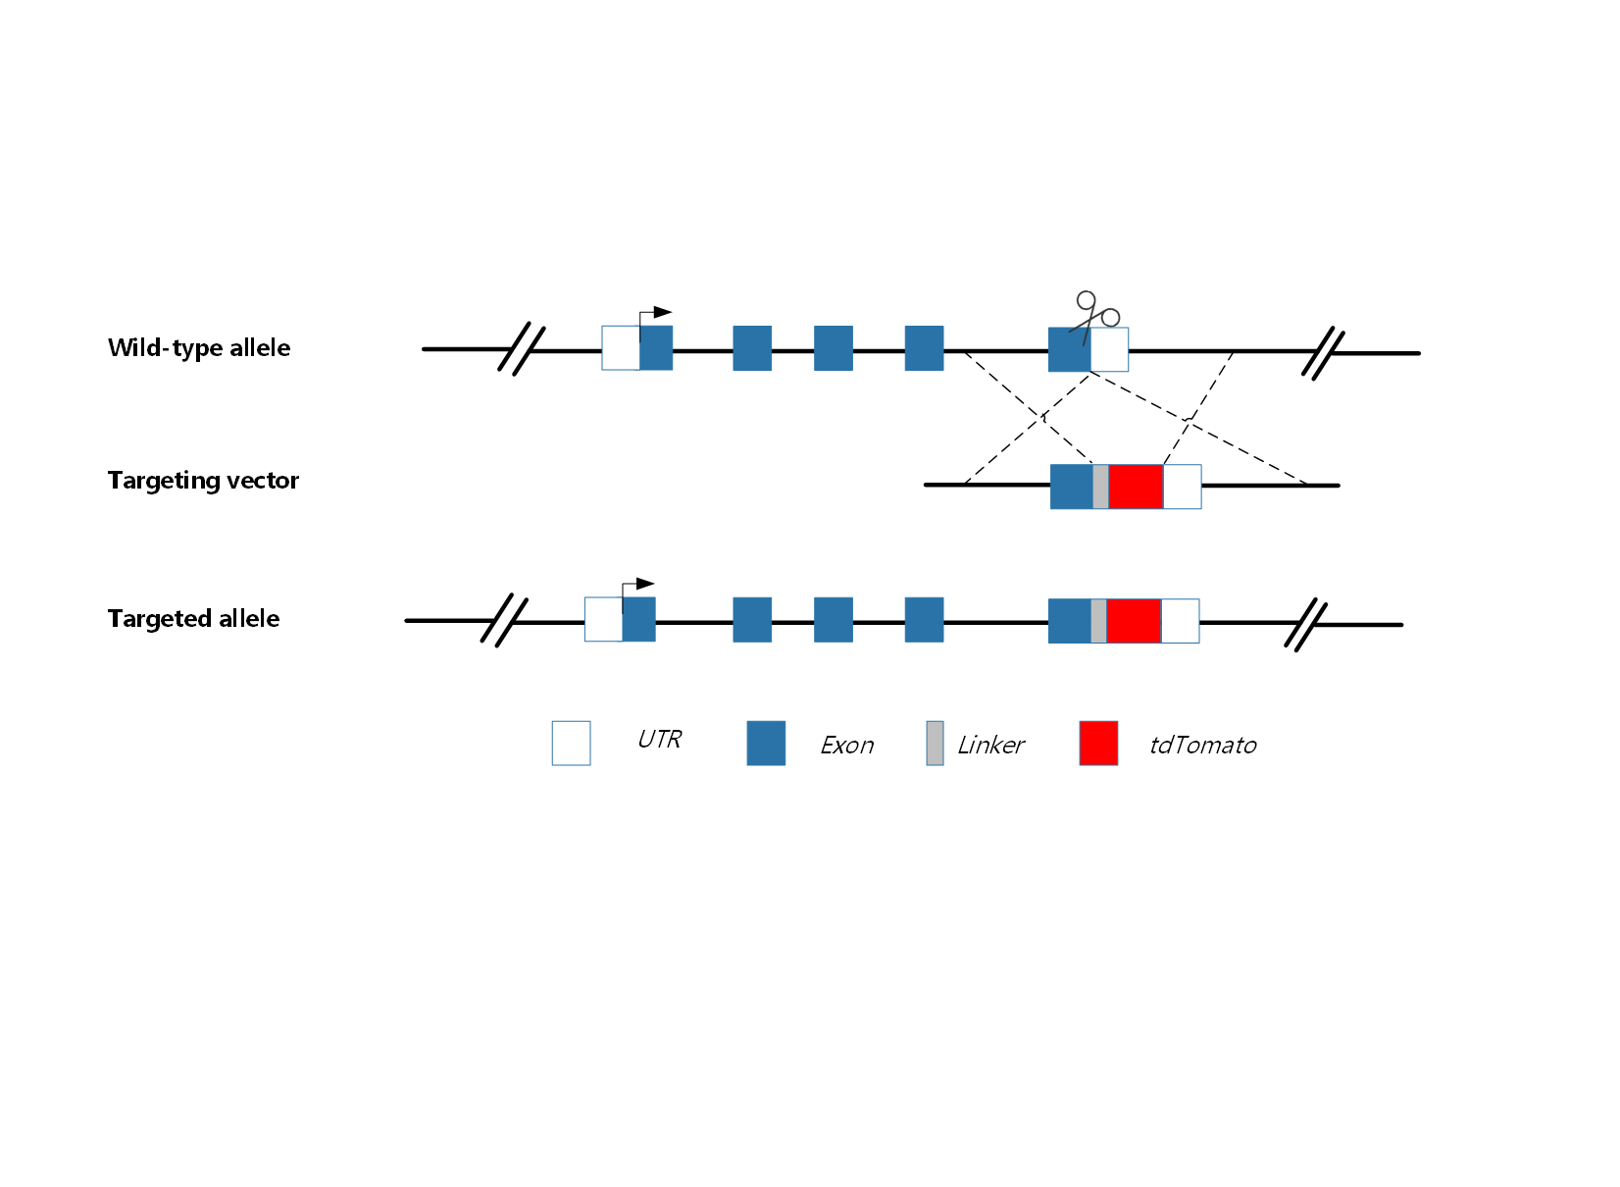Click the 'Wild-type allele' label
click(199, 348)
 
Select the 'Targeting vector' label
click(203, 481)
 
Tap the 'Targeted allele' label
click(193, 619)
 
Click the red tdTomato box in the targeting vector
click(1136, 487)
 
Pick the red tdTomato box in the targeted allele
click(1134, 621)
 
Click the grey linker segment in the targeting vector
click(1100, 487)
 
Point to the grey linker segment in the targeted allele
click(1098, 621)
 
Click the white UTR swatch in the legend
click(571, 744)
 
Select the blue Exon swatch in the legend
click(766, 744)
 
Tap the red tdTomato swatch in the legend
click(1098, 744)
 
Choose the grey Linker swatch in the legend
click(935, 744)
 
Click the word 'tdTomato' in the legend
click(1202, 746)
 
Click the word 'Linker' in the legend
click(990, 746)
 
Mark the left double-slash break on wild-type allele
click(521, 348)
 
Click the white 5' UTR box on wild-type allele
click(621, 348)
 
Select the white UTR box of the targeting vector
click(1182, 487)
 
